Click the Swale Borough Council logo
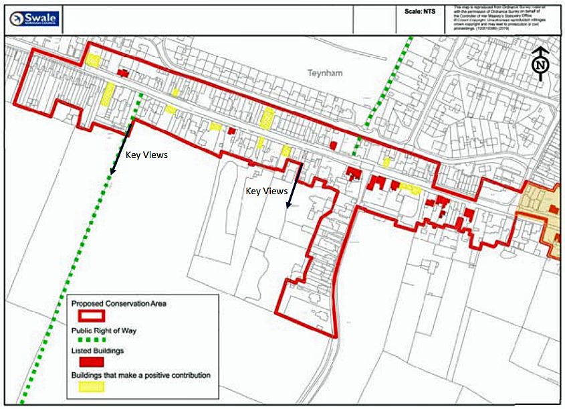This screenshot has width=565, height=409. [x=35, y=19]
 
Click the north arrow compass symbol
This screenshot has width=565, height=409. [x=540, y=64]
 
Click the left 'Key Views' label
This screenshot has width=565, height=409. [x=146, y=155]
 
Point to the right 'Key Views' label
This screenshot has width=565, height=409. [x=266, y=191]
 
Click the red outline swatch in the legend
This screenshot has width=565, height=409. [x=88, y=315]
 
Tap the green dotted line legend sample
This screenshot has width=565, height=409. [x=88, y=339]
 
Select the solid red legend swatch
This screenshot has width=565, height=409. [x=88, y=363]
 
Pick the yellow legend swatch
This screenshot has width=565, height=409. [x=88, y=386]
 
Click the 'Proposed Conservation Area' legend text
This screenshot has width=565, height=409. [x=119, y=303]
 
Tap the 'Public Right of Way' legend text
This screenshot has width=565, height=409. [x=104, y=329]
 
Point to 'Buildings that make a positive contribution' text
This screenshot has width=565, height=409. [x=140, y=375]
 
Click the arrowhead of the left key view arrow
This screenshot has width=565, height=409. [x=112, y=172]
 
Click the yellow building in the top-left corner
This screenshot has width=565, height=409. [x=93, y=60]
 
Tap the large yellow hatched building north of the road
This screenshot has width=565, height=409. [x=268, y=117]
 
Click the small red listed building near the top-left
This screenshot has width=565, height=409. [x=123, y=72]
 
